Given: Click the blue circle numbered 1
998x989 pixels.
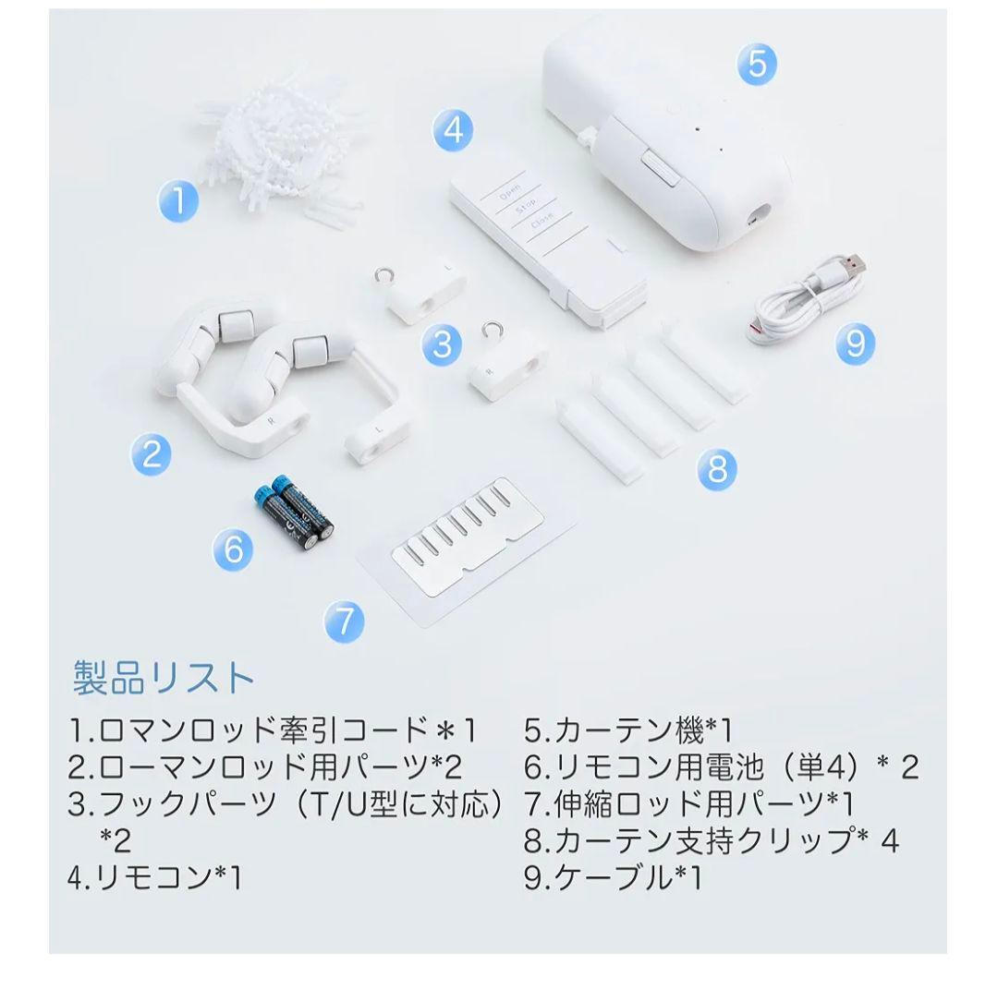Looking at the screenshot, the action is tap(179, 201).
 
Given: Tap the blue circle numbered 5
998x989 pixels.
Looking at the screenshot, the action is tap(757, 65).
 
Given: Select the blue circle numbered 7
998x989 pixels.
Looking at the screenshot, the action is tap(344, 621).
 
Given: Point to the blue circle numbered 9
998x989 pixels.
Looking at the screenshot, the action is tap(856, 344).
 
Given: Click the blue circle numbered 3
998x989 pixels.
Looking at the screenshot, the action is tap(443, 344).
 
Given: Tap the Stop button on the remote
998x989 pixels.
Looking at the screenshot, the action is tap(525, 205).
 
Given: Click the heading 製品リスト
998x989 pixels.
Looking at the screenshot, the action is tap(164, 677).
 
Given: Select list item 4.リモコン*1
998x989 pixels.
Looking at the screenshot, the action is tap(154, 877).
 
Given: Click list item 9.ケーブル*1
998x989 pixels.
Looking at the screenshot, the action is tap(613, 877).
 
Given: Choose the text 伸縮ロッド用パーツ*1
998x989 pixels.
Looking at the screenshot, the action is tap(704, 804).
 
